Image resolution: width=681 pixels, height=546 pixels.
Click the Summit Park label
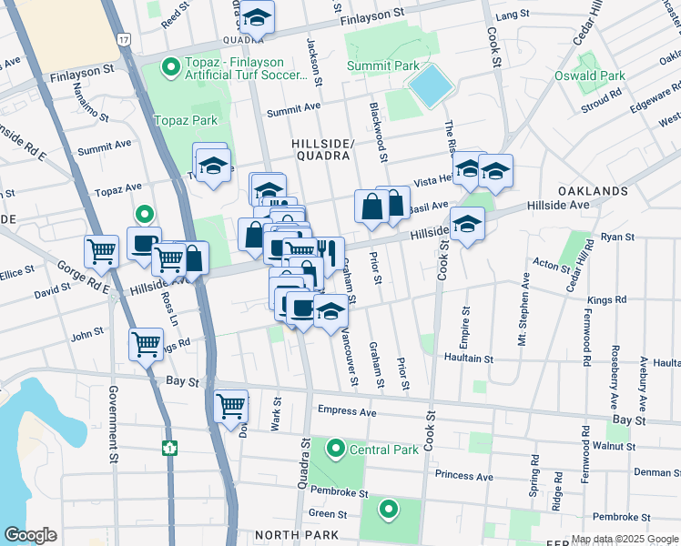pos(383,66)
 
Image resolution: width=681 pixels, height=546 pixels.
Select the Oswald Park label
pos(590,76)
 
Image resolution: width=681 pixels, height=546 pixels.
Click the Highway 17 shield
pos(123,41)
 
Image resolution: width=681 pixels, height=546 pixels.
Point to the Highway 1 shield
pos(168,447)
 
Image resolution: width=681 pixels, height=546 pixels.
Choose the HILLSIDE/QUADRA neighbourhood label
pos(320,149)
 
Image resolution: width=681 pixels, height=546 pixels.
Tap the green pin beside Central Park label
pos(336,449)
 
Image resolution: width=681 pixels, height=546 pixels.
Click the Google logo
pos(30,535)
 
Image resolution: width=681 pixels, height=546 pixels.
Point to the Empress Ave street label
pos(347,410)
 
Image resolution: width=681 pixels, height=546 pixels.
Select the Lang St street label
pos(513,15)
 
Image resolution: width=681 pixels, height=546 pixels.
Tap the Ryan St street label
pos(616,237)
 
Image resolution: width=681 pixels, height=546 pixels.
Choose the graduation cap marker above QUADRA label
pos(257,15)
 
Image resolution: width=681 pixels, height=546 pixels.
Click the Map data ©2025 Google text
pos(624,539)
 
